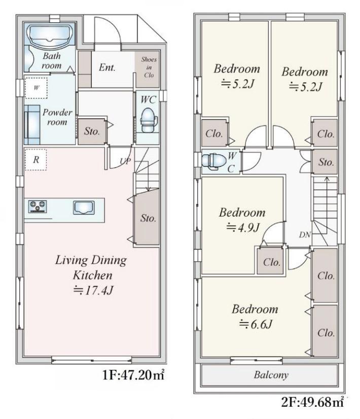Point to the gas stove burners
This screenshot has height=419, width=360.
point(38,206)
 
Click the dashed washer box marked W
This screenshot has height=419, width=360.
point(36,88)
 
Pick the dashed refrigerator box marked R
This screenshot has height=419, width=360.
point(35,159)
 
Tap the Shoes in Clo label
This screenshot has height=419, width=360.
point(149,67)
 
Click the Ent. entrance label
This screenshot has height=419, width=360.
point(107,67)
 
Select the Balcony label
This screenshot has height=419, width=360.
point(271,375)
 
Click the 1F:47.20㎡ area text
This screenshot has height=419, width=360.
point(133,375)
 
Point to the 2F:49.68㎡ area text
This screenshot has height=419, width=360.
point(312,402)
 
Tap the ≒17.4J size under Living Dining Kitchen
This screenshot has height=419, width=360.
point(93,290)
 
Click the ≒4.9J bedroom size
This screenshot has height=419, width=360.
point(242,228)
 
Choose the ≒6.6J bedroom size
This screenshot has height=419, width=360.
point(256,324)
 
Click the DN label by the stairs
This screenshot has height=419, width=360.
point(305,235)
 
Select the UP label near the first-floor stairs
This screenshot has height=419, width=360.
point(125,161)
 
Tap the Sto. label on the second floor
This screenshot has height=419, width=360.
point(326,162)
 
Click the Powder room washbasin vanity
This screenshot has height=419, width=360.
point(32,124)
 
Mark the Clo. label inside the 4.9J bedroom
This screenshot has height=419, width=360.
point(272,262)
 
